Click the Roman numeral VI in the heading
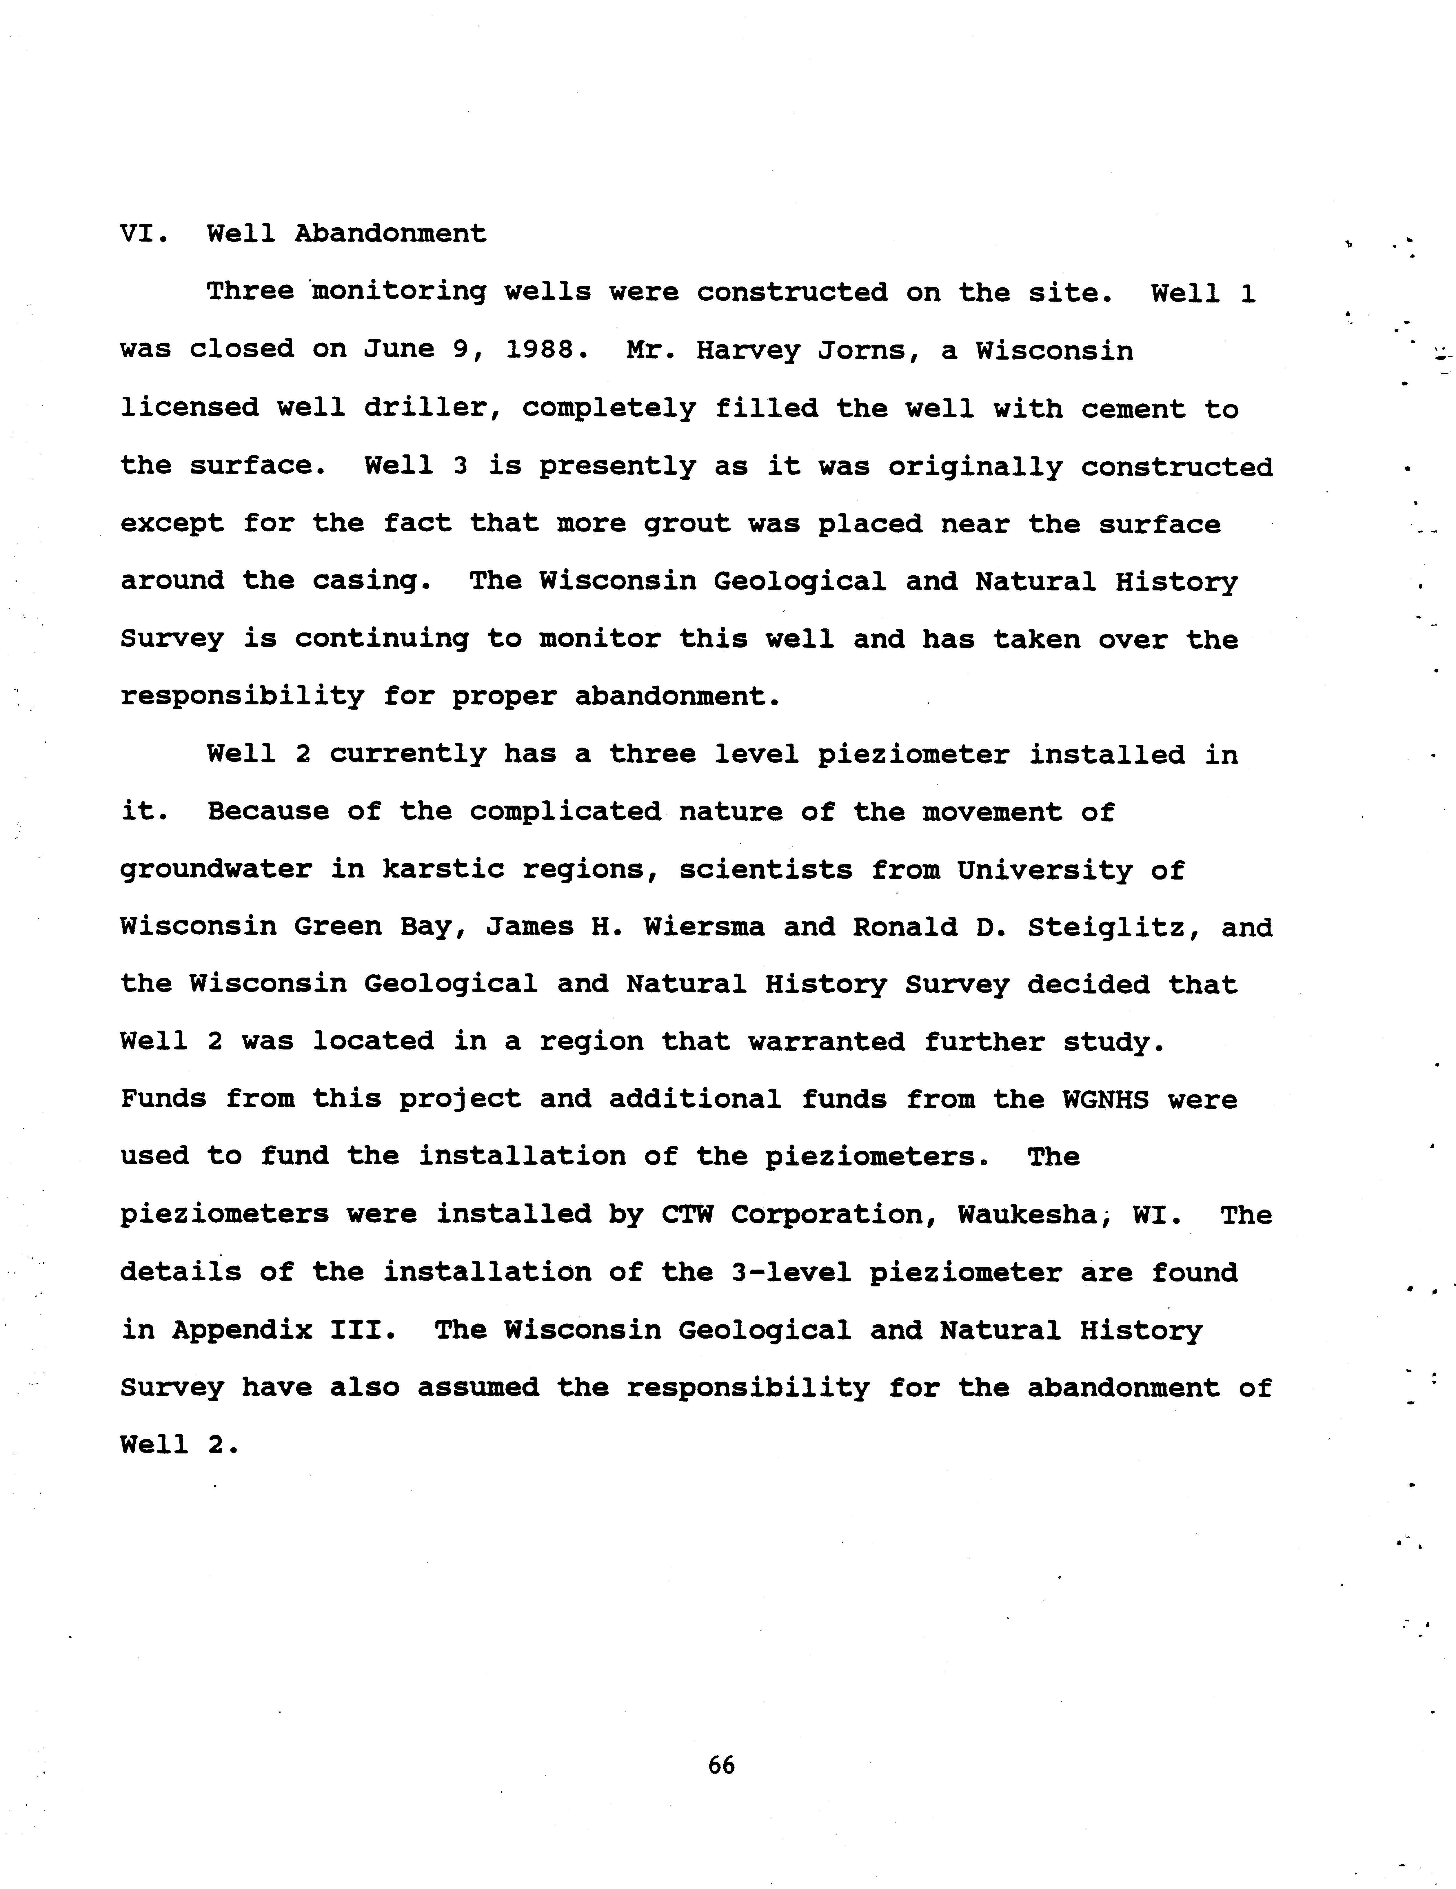click(138, 233)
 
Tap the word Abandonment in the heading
click(391, 233)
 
